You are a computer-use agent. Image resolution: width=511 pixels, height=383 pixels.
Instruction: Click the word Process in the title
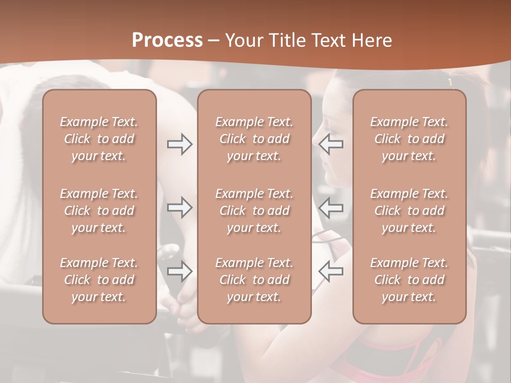point(167,40)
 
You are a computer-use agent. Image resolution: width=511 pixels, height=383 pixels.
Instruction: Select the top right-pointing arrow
point(179,144)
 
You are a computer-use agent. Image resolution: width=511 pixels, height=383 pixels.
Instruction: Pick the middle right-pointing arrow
point(179,207)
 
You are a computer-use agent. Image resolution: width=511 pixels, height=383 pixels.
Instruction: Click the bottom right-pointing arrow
point(179,271)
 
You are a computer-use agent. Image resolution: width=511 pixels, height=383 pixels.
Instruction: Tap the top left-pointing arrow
point(331,144)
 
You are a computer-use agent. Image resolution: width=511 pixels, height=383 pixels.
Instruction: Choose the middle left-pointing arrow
point(331,207)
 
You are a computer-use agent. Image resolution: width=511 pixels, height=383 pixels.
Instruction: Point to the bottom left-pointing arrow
point(331,271)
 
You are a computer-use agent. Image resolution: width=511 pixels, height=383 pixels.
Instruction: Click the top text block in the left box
point(99,139)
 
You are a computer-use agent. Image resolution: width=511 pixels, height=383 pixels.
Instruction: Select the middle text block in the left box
point(99,211)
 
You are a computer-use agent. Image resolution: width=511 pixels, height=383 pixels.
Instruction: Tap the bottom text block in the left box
point(99,280)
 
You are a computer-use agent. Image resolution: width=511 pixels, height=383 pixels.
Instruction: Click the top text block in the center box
point(254,139)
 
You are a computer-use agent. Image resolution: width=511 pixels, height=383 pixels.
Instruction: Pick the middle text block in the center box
point(254,211)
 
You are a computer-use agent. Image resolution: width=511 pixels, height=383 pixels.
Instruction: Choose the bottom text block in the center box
point(254,280)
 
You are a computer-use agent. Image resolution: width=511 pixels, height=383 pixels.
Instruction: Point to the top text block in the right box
point(409,139)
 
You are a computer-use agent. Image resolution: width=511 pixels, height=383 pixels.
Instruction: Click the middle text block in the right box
point(409,211)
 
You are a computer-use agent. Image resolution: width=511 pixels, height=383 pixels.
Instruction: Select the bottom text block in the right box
point(409,280)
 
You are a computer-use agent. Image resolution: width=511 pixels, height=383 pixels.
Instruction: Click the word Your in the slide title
point(242,40)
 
